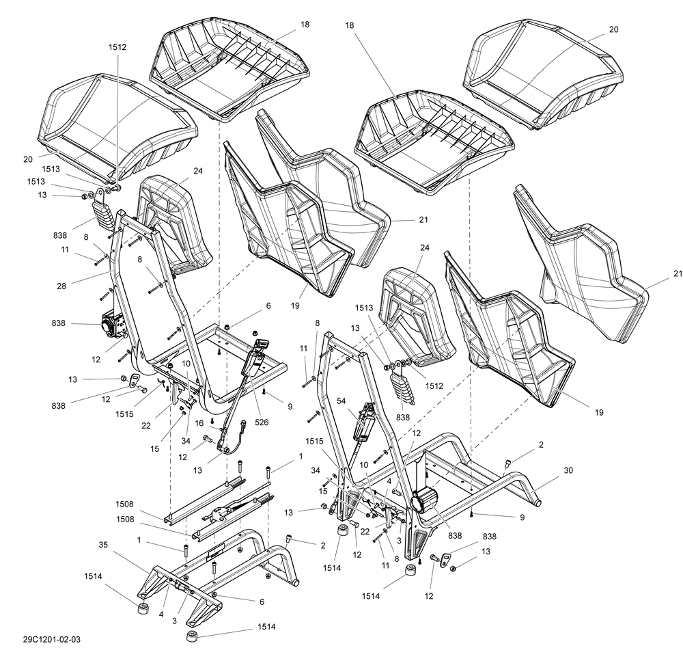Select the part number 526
[261, 422]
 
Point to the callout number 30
[568, 470]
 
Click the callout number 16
[199, 424]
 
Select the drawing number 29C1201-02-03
[51, 639]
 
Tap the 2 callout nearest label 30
[541, 444]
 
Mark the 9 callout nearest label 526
[290, 406]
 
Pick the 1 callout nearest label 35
[139, 540]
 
